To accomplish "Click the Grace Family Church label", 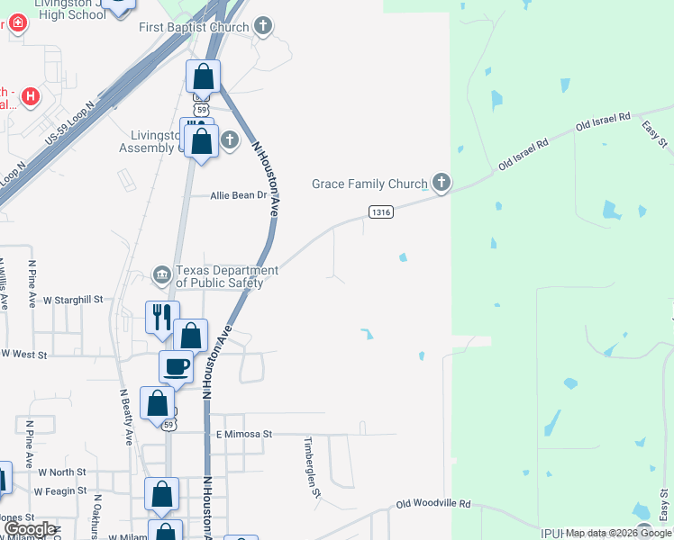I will tap(369, 184).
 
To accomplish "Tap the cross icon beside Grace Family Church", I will tap(441, 184).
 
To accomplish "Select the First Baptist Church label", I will tap(193, 27).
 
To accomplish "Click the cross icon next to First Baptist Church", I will tap(262, 25).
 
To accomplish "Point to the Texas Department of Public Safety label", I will tap(219, 276).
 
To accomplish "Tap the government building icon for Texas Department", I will tap(161, 274).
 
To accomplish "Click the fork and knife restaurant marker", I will tap(162, 317).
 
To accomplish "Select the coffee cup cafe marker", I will tap(176, 366).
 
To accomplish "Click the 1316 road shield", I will tap(380, 211).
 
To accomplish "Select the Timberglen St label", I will tap(312, 467).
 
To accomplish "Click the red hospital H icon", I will tap(31, 95).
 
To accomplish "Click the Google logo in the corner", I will tap(29, 529).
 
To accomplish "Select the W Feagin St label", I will tap(60, 491).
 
